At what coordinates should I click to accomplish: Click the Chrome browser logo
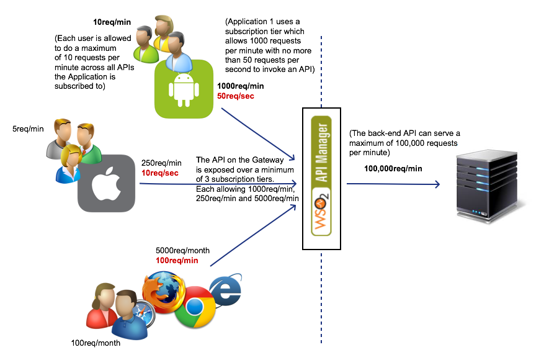coord(195,306)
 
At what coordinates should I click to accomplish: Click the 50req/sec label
coord(236,96)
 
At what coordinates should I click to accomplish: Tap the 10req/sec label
coord(160,173)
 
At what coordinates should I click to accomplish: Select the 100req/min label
coord(177,261)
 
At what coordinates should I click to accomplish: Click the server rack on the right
coord(490,185)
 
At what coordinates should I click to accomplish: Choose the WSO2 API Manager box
coord(321,179)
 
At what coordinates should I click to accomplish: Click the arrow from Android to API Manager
coord(257,135)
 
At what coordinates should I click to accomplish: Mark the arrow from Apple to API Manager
coord(217,184)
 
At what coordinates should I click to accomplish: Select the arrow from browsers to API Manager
coord(253,235)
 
